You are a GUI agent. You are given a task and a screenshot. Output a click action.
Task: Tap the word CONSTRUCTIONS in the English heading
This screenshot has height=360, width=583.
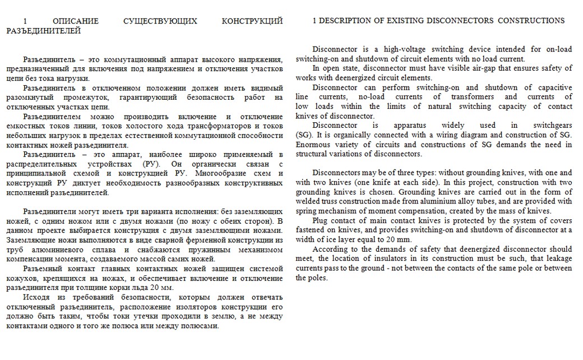coord(531,21)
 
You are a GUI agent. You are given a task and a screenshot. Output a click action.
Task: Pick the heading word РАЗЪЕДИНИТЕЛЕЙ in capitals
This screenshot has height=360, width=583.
coord(43,30)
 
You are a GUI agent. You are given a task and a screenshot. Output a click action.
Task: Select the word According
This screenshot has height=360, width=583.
coord(331,249)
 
